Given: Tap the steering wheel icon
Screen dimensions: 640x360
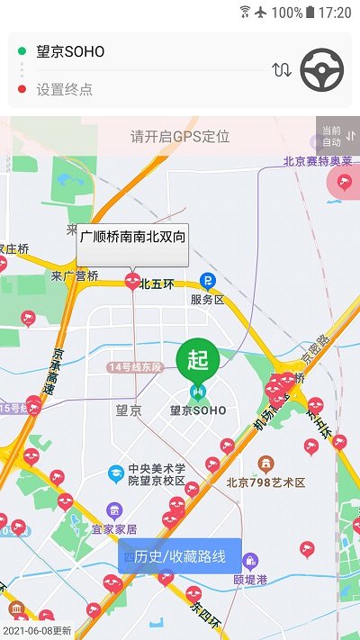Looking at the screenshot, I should point(323,69).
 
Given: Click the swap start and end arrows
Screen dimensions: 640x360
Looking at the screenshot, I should point(281,69).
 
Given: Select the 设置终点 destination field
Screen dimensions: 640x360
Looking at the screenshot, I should point(65,89).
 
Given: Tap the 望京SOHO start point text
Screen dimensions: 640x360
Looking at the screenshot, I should point(70,52).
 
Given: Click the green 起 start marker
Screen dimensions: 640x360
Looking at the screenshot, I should point(198,360).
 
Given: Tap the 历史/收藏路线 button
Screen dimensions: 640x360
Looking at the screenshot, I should point(180,556).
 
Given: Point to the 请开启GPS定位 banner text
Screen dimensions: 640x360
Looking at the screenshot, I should point(180,137).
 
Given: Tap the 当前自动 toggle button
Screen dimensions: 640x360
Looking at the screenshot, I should point(337,136).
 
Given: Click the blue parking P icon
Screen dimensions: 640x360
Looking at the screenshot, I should point(207,281).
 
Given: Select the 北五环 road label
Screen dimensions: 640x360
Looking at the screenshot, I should point(157,284).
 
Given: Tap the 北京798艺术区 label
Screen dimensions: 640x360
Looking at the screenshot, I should point(266,481).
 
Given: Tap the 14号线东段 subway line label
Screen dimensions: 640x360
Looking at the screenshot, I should point(135,367).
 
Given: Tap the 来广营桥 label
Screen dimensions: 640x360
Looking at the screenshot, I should point(74,275).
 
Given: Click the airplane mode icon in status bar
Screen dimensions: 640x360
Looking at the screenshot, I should point(261,13).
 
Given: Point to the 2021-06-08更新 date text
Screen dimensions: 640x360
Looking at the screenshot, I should point(37,631).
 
